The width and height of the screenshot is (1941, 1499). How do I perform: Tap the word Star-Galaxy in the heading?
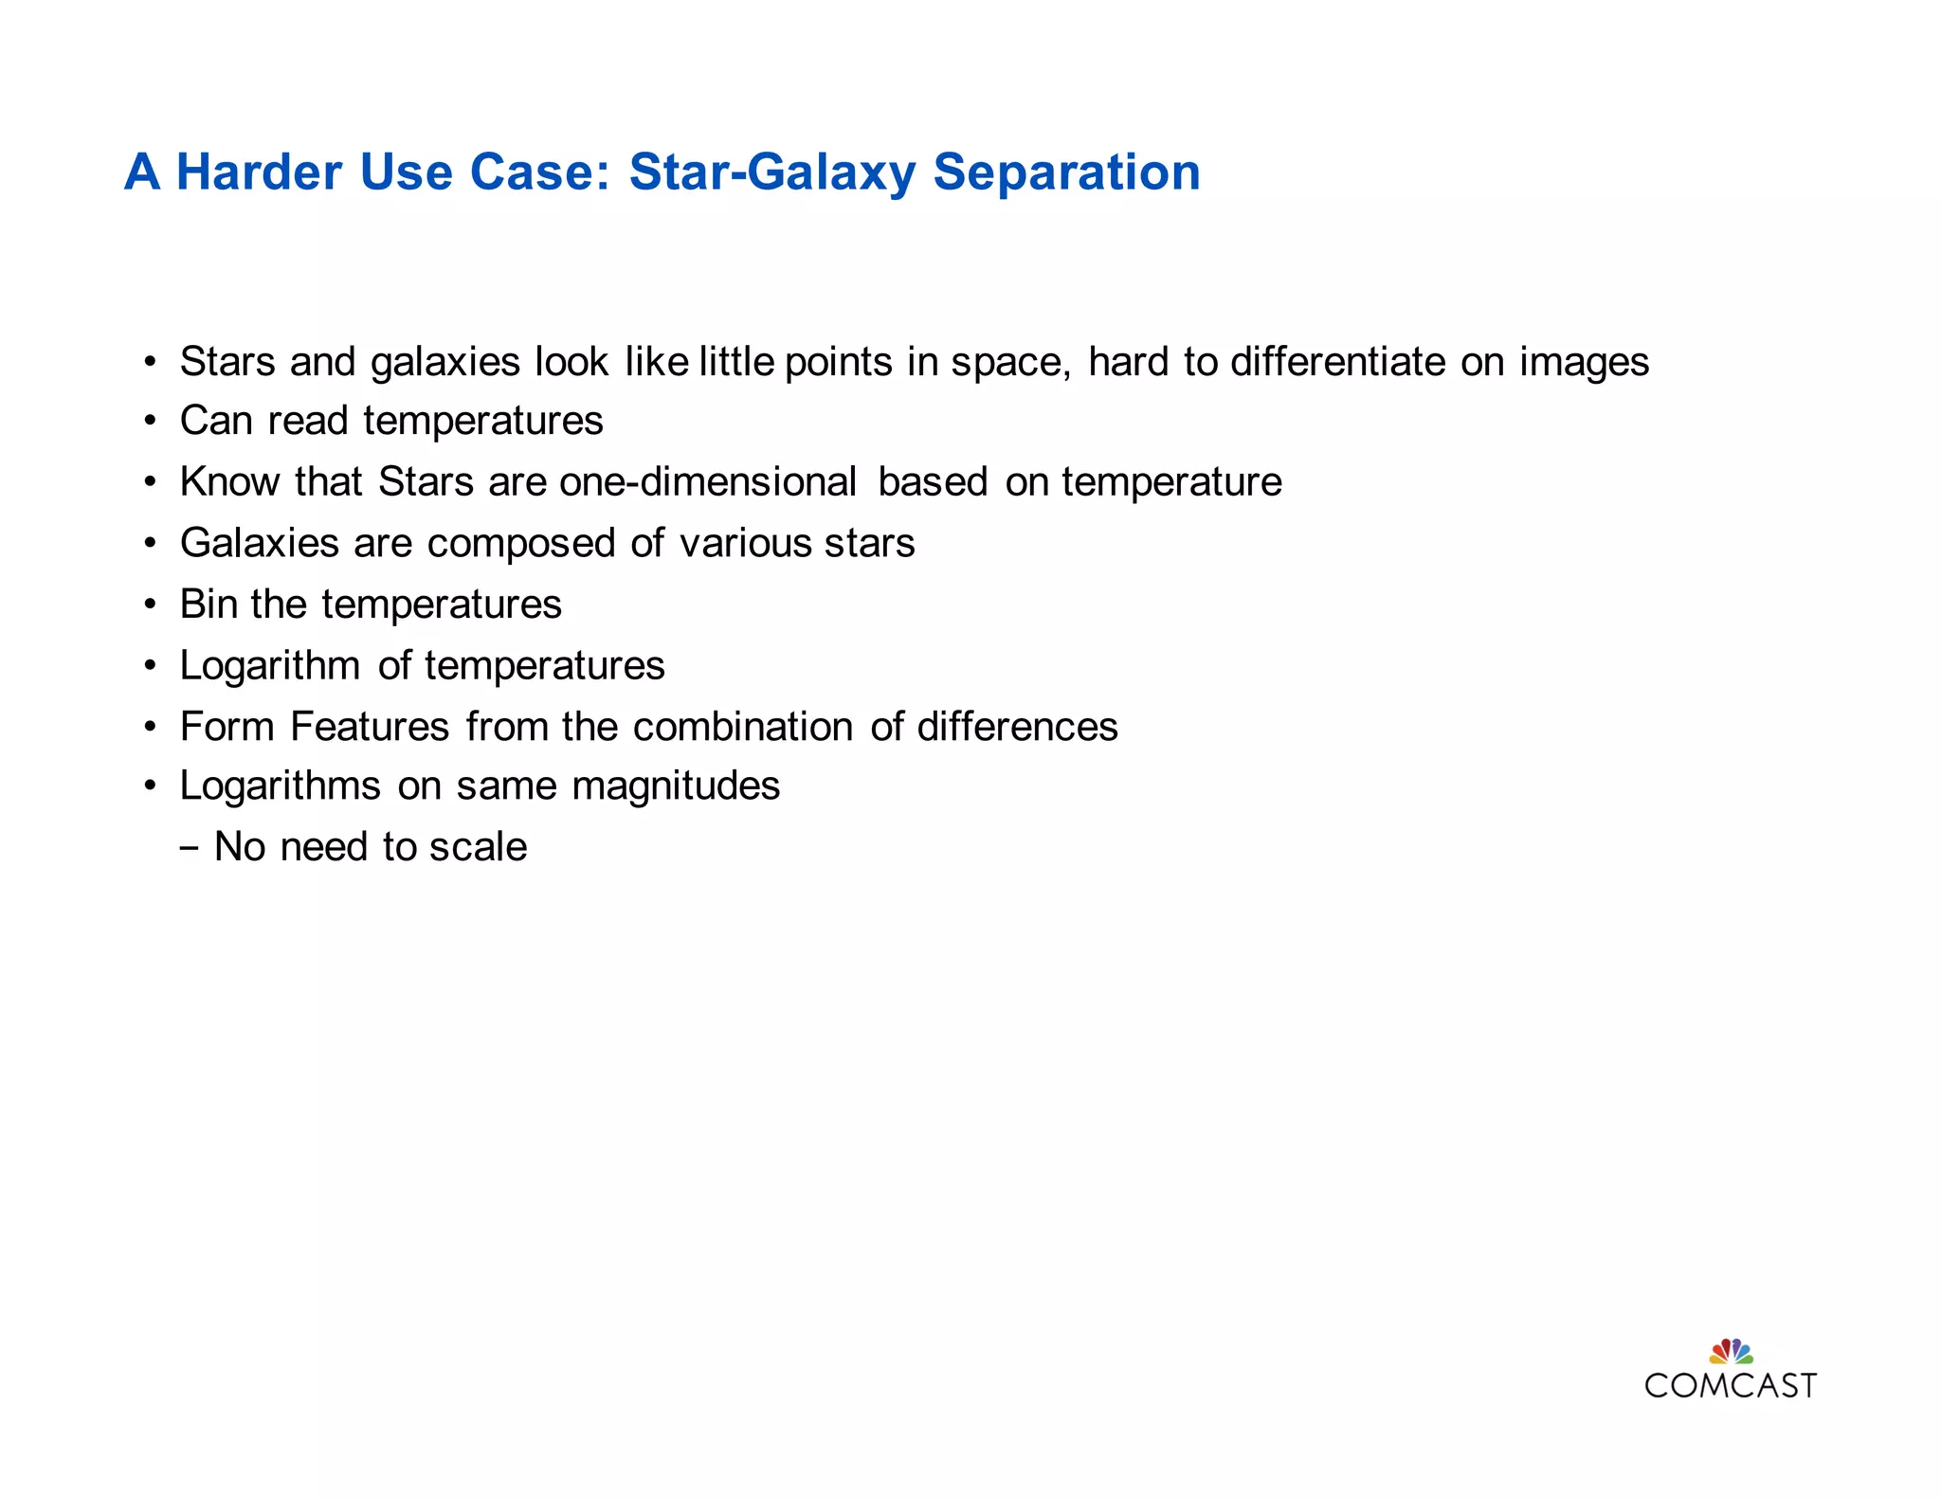(772, 172)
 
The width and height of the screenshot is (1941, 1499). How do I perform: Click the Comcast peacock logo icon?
(1731, 1350)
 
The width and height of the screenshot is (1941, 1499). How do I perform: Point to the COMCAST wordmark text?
(1731, 1385)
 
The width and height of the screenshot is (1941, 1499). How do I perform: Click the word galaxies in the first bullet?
(444, 363)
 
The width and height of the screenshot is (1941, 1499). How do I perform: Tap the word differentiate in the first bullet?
(1338, 361)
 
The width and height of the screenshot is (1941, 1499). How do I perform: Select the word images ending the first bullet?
(1584, 363)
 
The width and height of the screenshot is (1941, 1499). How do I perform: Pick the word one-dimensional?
(708, 481)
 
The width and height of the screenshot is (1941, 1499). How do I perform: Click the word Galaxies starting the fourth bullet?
(260, 543)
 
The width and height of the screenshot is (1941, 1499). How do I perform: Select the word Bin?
(209, 604)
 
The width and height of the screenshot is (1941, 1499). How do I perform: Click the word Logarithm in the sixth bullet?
(270, 666)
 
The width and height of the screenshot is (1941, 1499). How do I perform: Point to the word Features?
(370, 727)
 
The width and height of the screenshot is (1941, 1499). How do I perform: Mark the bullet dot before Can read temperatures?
(150, 421)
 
